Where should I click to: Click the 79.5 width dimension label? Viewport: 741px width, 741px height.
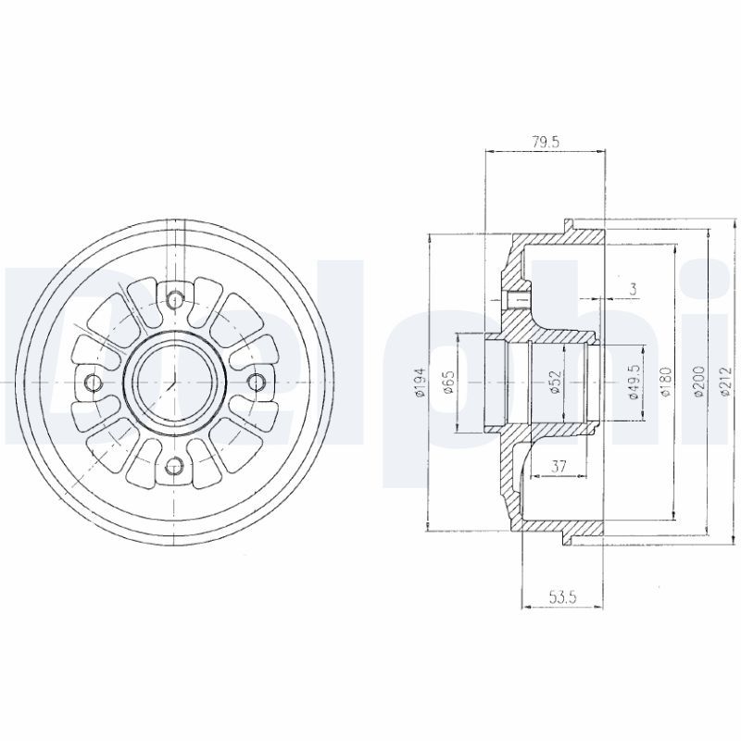point(545,142)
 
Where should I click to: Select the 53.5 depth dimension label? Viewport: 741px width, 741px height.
point(563,597)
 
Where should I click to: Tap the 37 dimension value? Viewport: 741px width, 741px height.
point(559,467)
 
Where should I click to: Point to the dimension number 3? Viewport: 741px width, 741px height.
point(633,289)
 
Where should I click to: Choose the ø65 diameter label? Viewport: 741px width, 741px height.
point(449,382)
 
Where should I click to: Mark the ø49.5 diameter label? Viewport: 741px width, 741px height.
point(634,382)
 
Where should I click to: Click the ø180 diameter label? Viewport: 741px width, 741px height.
point(666,382)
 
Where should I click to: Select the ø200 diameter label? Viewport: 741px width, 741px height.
point(698,382)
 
